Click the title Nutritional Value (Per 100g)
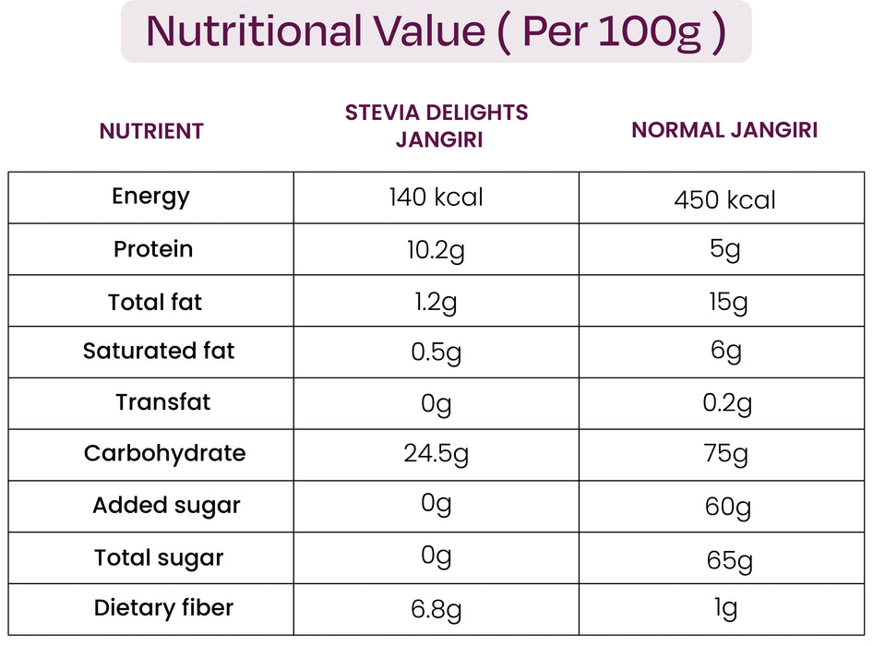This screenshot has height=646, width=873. click(x=436, y=31)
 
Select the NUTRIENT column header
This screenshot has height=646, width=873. click(x=151, y=131)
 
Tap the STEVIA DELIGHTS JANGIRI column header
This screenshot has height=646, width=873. click(x=436, y=126)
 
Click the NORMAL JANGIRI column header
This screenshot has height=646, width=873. click(x=724, y=130)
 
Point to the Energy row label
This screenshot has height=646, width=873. click(x=150, y=197)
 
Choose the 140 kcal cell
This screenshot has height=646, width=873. click(x=436, y=197)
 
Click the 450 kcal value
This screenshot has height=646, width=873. click(x=724, y=200)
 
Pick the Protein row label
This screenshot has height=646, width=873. click(x=153, y=249)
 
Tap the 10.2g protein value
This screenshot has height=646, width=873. click(x=436, y=251)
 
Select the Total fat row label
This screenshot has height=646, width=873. click(x=154, y=303)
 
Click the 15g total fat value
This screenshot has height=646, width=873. click(x=724, y=304)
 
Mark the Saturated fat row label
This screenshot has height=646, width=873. click(x=159, y=352)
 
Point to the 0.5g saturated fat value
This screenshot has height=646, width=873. click(x=436, y=353)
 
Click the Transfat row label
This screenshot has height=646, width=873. click(x=162, y=403)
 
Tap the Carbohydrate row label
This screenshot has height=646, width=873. click(x=164, y=454)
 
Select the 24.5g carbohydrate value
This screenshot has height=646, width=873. click(x=436, y=455)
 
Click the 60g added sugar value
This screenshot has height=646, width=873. click(x=725, y=508)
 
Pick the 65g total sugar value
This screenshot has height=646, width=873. click(x=725, y=560)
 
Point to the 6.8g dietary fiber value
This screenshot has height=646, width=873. click(x=436, y=610)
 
